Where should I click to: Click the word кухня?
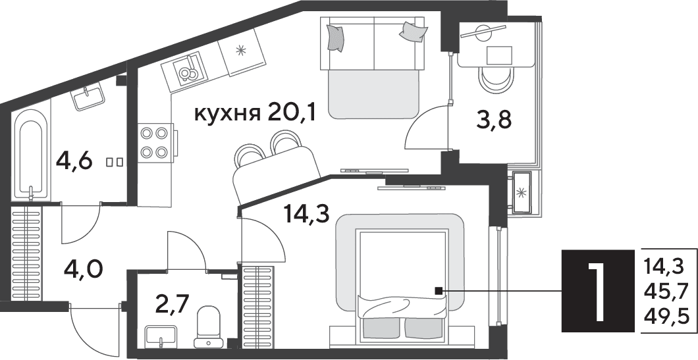(227, 115)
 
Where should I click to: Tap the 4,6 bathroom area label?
(74, 161)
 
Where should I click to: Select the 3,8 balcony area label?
(494, 120)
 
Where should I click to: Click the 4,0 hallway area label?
(84, 269)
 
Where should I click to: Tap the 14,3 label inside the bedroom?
(308, 215)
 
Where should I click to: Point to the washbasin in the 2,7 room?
(161, 336)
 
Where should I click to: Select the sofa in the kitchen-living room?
(373, 66)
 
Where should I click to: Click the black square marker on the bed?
(439, 291)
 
